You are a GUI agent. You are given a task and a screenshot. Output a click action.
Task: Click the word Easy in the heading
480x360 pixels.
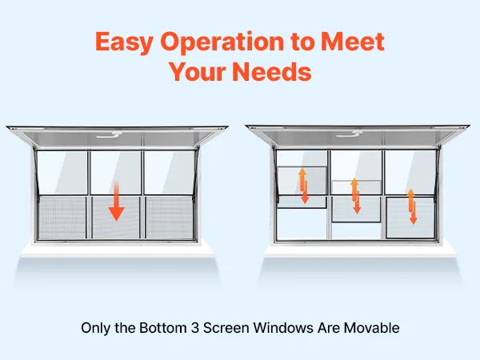point(124,42)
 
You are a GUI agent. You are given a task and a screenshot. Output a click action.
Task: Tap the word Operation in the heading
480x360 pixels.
point(222,42)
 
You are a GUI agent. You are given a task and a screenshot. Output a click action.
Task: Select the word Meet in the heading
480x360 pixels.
point(352,41)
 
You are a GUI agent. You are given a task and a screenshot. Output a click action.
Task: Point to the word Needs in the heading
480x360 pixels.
point(272,72)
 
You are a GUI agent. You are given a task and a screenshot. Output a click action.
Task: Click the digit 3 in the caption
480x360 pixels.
point(195,328)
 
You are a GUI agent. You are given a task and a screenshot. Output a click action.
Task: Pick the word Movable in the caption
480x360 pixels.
point(372,328)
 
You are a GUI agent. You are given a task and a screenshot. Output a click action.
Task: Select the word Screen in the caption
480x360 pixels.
point(226,328)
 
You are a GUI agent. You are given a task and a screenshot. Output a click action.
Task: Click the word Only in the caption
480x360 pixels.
point(95,328)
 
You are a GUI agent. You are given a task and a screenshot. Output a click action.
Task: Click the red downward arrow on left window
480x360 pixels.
point(116,201)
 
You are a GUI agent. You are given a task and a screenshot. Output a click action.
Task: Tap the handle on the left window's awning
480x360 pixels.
point(110,134)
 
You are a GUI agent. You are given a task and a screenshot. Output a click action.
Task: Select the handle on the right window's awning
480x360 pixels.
point(350,134)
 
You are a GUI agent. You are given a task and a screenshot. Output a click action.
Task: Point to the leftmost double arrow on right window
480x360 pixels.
point(303,186)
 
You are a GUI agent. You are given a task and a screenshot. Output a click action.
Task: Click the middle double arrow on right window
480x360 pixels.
point(355,196)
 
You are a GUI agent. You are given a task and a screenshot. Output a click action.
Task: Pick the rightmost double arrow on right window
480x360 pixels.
point(412,206)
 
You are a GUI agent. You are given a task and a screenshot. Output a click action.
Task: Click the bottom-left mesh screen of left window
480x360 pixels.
point(62,218)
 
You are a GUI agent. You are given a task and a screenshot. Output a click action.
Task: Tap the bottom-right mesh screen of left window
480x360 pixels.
point(170,218)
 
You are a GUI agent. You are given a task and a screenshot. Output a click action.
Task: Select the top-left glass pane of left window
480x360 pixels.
point(62,172)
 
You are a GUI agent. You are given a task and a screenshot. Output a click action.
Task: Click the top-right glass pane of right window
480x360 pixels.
point(410,172)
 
